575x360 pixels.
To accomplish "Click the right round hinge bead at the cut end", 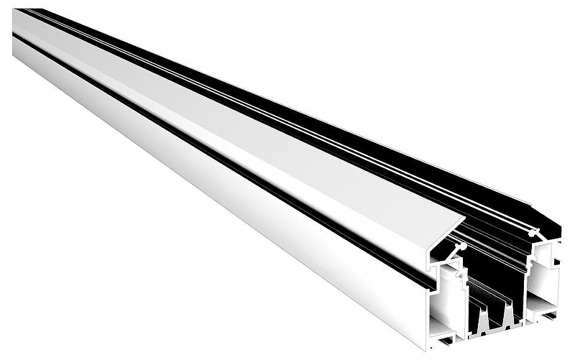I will (533, 232).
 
